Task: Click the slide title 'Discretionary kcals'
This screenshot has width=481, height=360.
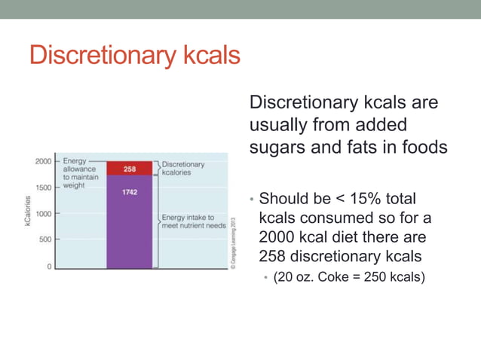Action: pos(134,56)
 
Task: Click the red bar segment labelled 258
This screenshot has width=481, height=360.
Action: pos(129,169)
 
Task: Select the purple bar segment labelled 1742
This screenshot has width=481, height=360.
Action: pos(129,218)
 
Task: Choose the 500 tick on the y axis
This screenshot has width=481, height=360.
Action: pos(45,239)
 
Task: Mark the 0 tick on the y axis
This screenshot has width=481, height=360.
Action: pos(50,266)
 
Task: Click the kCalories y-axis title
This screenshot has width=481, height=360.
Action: pos(27,214)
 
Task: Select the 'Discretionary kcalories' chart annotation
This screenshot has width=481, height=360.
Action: pos(183,168)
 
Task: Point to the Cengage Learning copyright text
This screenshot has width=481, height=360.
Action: pos(234,239)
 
